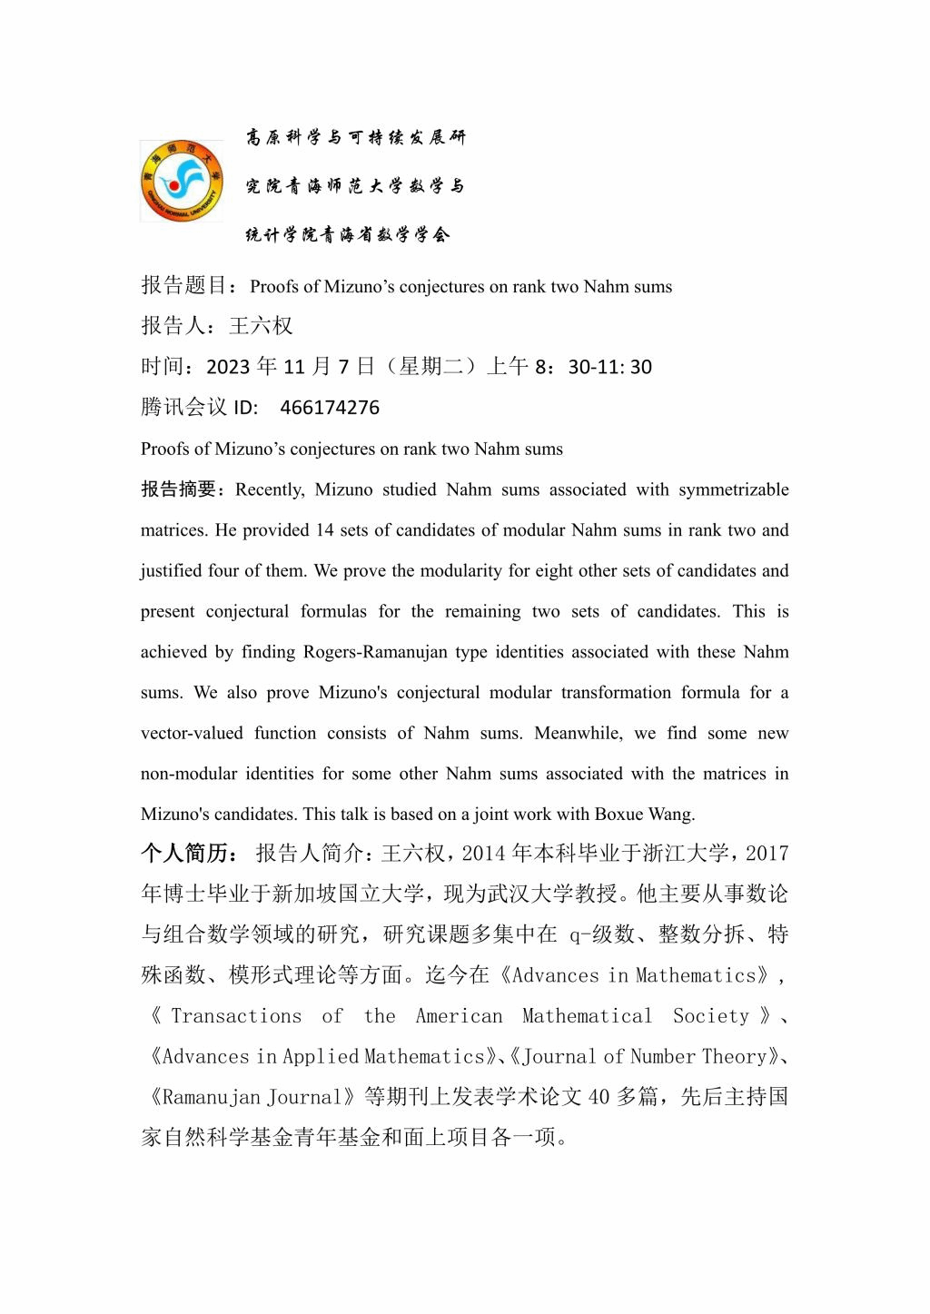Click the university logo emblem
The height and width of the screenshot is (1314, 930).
coord(182,182)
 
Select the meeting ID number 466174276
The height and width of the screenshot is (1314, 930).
coord(330,408)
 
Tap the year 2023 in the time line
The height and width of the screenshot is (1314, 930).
coord(228,367)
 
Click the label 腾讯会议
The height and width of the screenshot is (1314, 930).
coord(183,408)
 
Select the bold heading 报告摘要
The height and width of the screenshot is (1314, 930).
coord(179,489)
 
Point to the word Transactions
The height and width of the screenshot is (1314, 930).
coord(236,1016)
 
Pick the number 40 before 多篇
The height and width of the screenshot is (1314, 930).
coord(599,1097)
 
